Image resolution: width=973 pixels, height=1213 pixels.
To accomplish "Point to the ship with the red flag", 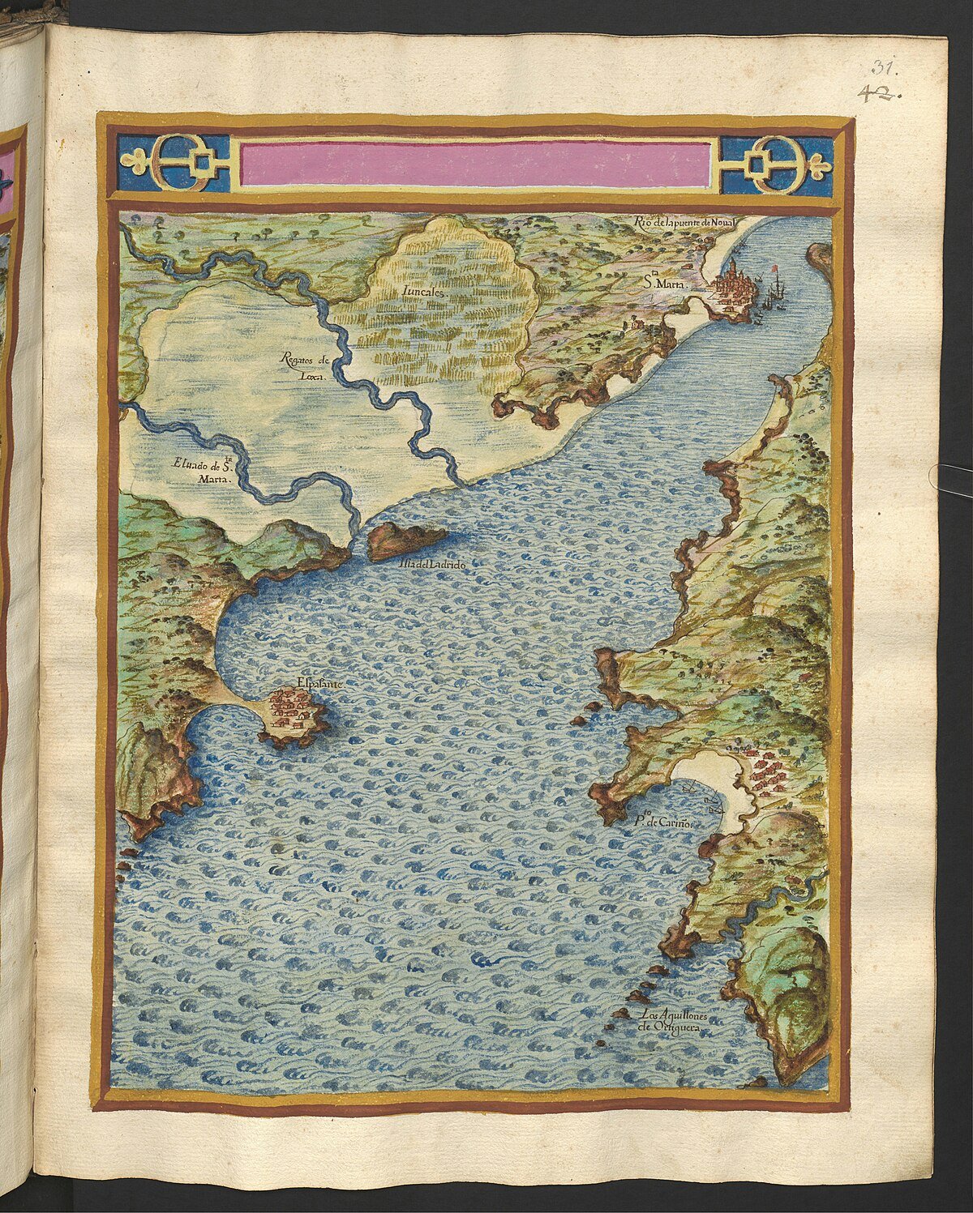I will click(777, 288).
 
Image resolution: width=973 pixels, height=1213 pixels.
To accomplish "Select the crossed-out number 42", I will click(885, 92).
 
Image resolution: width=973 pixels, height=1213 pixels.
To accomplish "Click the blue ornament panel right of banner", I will click(777, 165).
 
